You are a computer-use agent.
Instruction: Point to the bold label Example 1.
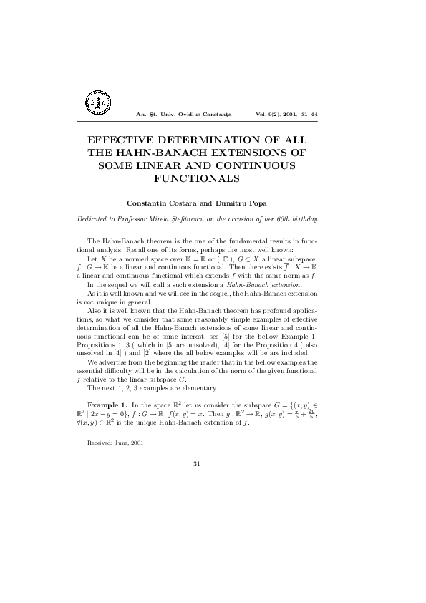[x=107, y=405]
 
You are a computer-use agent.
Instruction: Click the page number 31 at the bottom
[x=196, y=464]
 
